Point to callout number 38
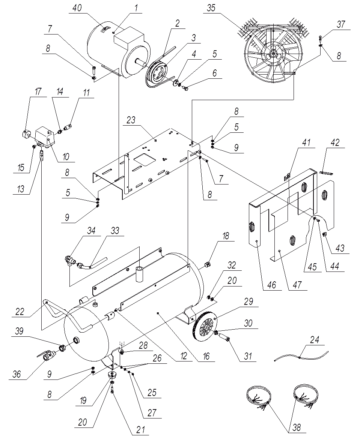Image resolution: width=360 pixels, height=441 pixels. click(x=297, y=427)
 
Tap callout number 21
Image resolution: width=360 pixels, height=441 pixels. click(x=140, y=430)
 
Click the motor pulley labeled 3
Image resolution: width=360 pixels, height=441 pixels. click(x=158, y=72)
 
